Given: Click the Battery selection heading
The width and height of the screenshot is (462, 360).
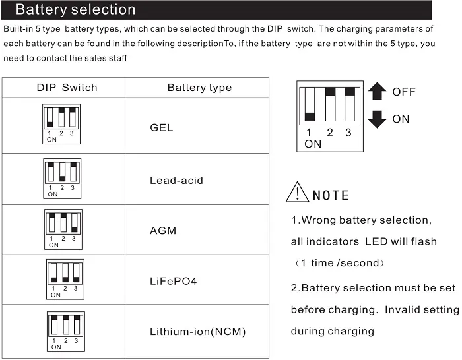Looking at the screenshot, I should click(75, 10).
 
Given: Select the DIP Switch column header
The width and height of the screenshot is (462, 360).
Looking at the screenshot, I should click(67, 88).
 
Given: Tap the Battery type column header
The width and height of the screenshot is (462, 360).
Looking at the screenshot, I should click(199, 88).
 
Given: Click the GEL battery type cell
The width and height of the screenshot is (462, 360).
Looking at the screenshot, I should click(162, 127).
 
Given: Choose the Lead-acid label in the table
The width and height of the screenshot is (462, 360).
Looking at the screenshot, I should click(176, 181).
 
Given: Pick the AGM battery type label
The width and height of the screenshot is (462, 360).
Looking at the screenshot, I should click(163, 231).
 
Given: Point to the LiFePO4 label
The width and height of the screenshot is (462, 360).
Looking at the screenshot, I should click(174, 281).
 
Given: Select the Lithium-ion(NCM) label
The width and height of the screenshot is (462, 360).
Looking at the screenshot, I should click(197, 332).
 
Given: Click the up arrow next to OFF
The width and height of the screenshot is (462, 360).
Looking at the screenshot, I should click(377, 92).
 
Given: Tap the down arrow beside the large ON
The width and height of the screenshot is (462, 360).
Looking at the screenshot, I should click(377, 119).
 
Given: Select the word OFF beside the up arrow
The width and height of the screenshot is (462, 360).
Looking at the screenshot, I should click(404, 92).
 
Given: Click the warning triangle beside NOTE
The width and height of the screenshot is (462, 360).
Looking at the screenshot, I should click(298, 192).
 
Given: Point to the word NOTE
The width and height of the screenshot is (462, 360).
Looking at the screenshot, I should click(331, 196).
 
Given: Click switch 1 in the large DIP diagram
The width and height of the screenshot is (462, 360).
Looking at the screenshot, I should click(309, 104).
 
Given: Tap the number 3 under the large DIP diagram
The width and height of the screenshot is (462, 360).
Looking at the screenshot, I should click(348, 133).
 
